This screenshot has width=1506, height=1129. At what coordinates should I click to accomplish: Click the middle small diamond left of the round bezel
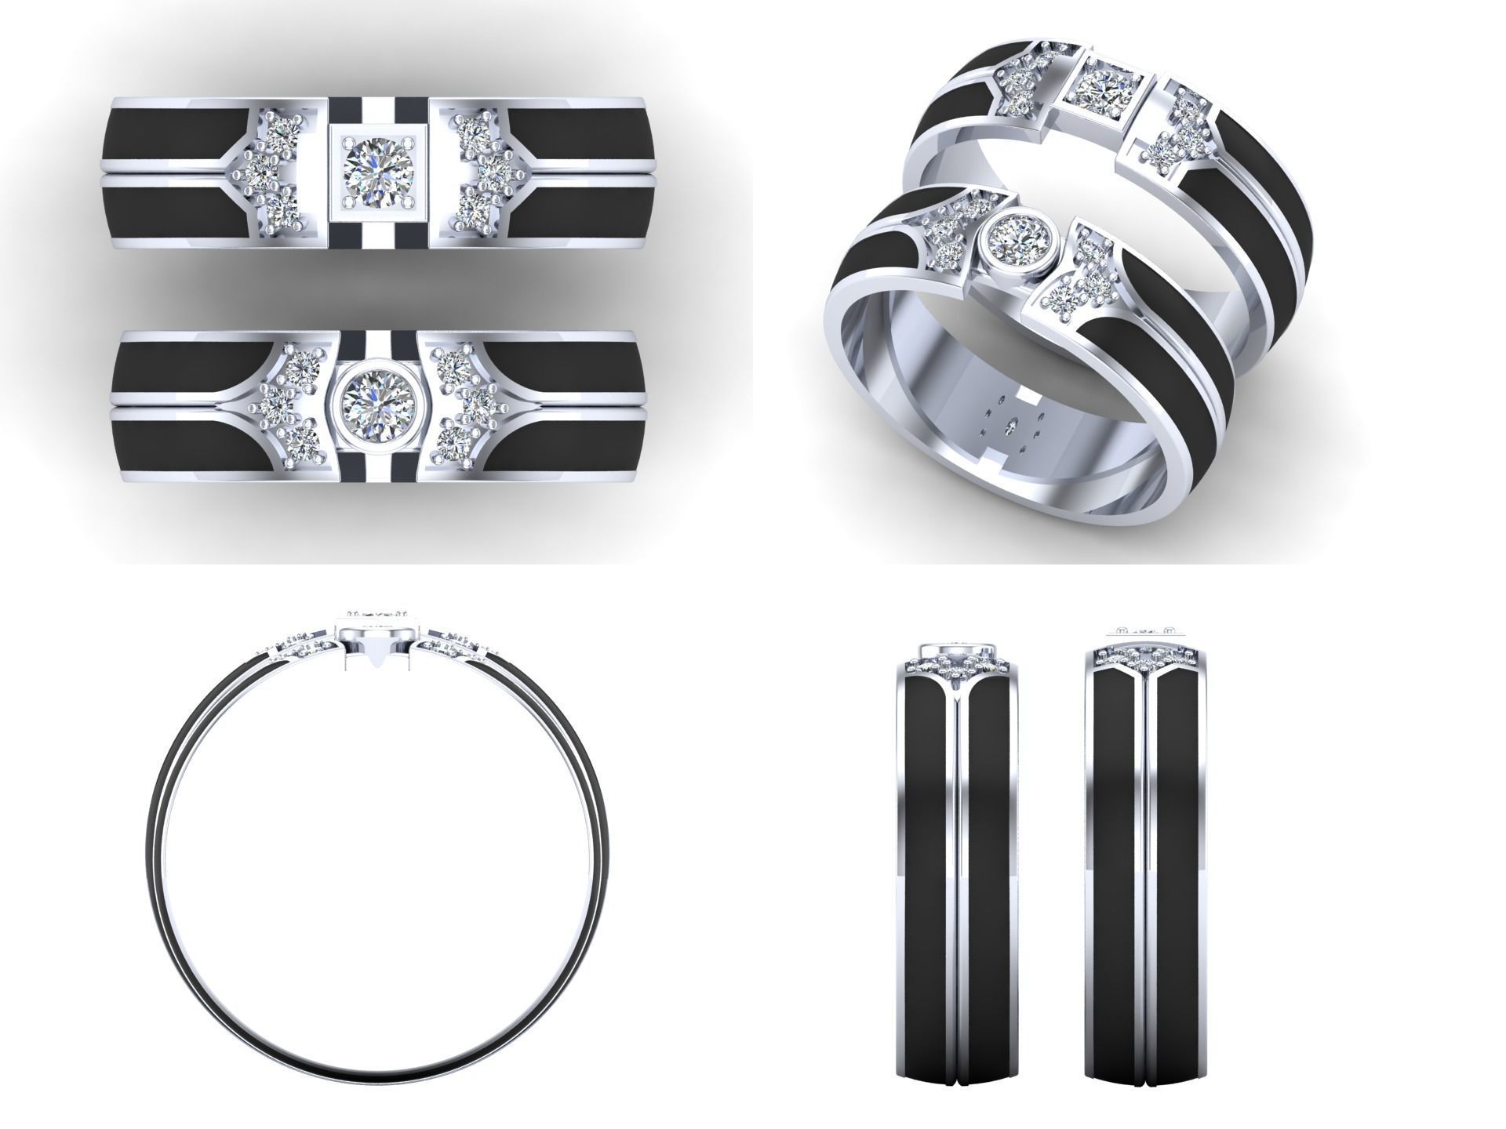click(x=275, y=403)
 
